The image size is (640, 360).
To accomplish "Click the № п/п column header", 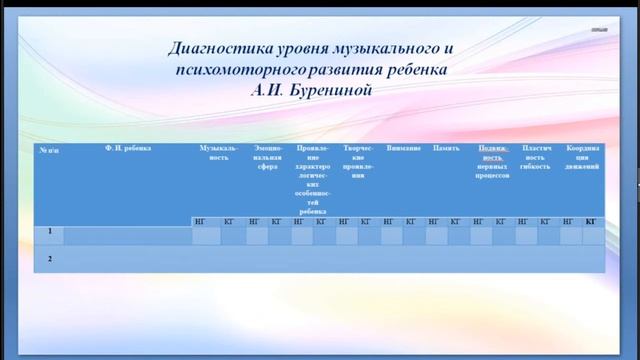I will pyautogui.click(x=49, y=149).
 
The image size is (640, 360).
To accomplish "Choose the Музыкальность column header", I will pyautogui.click(x=218, y=153).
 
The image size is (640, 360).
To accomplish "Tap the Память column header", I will pyautogui.click(x=446, y=148).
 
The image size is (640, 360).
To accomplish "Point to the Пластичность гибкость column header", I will pyautogui.click(x=536, y=153).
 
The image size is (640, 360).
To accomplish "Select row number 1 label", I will pyautogui.click(x=49, y=232).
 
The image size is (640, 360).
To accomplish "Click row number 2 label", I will pyautogui.click(x=49, y=259).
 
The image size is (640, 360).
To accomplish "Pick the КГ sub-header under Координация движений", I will pyautogui.click(x=591, y=221).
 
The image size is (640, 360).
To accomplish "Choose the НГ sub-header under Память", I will pyautogui.click(x=434, y=221).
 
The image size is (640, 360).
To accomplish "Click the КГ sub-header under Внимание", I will pyautogui.click(x=411, y=221).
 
